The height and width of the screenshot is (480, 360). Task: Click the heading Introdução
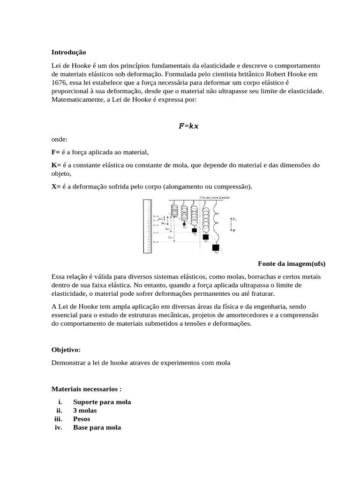(69, 52)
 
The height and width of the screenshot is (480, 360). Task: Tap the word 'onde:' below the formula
(60, 139)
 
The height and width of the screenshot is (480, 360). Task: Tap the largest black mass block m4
(215, 247)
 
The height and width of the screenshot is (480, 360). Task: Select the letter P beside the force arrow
(234, 231)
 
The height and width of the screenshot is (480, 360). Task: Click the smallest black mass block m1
(184, 224)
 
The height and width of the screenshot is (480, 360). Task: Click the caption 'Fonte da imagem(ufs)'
(292, 263)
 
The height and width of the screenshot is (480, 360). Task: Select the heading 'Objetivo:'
(66, 350)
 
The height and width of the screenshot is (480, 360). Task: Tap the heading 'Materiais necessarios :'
(87, 389)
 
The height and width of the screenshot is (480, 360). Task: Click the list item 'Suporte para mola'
(102, 402)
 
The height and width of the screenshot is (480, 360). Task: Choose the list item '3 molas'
(85, 411)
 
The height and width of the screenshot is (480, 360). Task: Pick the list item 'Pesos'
(82, 419)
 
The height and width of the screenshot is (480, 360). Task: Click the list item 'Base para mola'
(97, 427)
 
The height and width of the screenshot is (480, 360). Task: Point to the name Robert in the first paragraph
(278, 74)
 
